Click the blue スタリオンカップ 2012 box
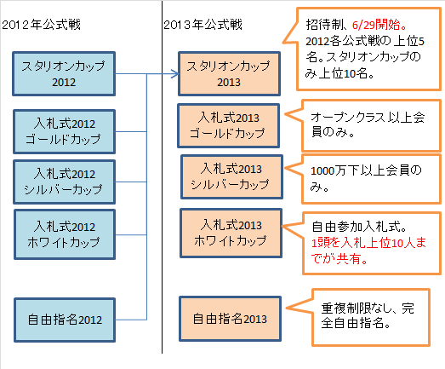64,74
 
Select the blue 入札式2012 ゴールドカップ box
65,131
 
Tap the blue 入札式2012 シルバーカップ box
65,182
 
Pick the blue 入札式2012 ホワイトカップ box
65,235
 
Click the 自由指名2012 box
65,320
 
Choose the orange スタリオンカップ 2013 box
230,74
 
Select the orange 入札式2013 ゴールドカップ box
229,126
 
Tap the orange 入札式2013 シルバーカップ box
232,176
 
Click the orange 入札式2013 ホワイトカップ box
231,234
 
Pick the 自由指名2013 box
231,319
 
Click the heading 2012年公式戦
42,25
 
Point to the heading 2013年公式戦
203,25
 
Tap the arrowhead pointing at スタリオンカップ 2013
176,74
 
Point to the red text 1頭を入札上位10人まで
368,243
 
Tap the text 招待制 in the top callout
325,25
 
